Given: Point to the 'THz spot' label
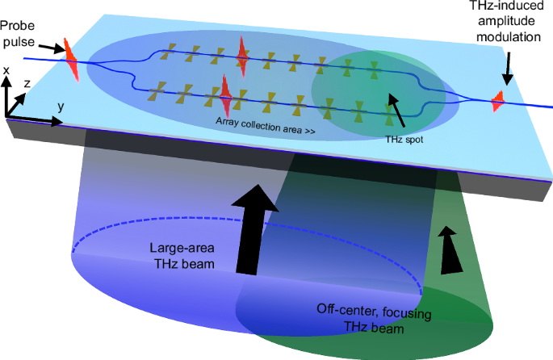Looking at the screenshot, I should point(402,140).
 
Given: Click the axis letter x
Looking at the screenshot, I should point(7,71).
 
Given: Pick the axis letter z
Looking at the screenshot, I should point(27,82).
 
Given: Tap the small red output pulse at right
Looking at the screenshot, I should point(498,101).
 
